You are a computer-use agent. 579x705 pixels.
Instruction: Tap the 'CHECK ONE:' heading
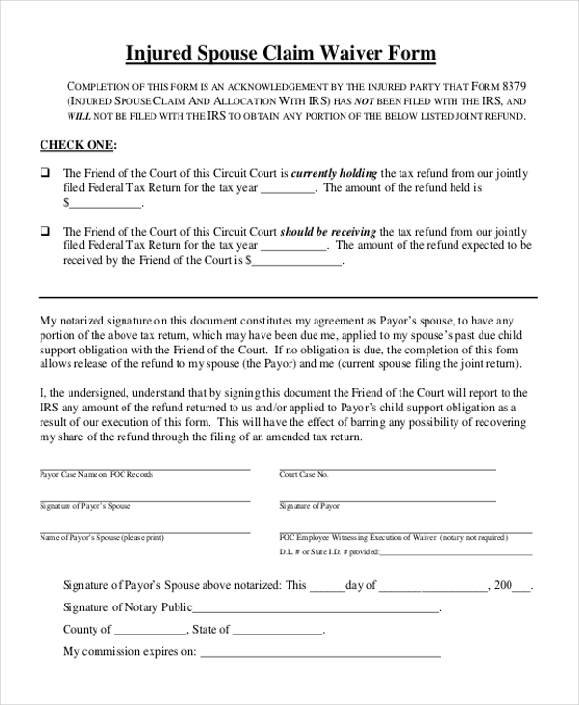(77, 145)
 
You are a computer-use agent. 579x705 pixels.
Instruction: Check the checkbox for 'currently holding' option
(44, 174)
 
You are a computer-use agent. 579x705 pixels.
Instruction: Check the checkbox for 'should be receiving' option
(44, 232)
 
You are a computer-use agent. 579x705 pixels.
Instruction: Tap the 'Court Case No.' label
(304, 475)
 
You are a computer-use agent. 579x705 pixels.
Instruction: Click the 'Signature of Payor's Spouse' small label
(85, 506)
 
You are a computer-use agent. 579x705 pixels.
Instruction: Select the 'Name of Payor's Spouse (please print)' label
(102, 537)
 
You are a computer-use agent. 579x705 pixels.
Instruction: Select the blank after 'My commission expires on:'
(319, 653)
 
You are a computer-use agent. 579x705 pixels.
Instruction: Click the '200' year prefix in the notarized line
(503, 585)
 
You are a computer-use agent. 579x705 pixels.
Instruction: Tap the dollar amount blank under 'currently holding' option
(105, 204)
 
